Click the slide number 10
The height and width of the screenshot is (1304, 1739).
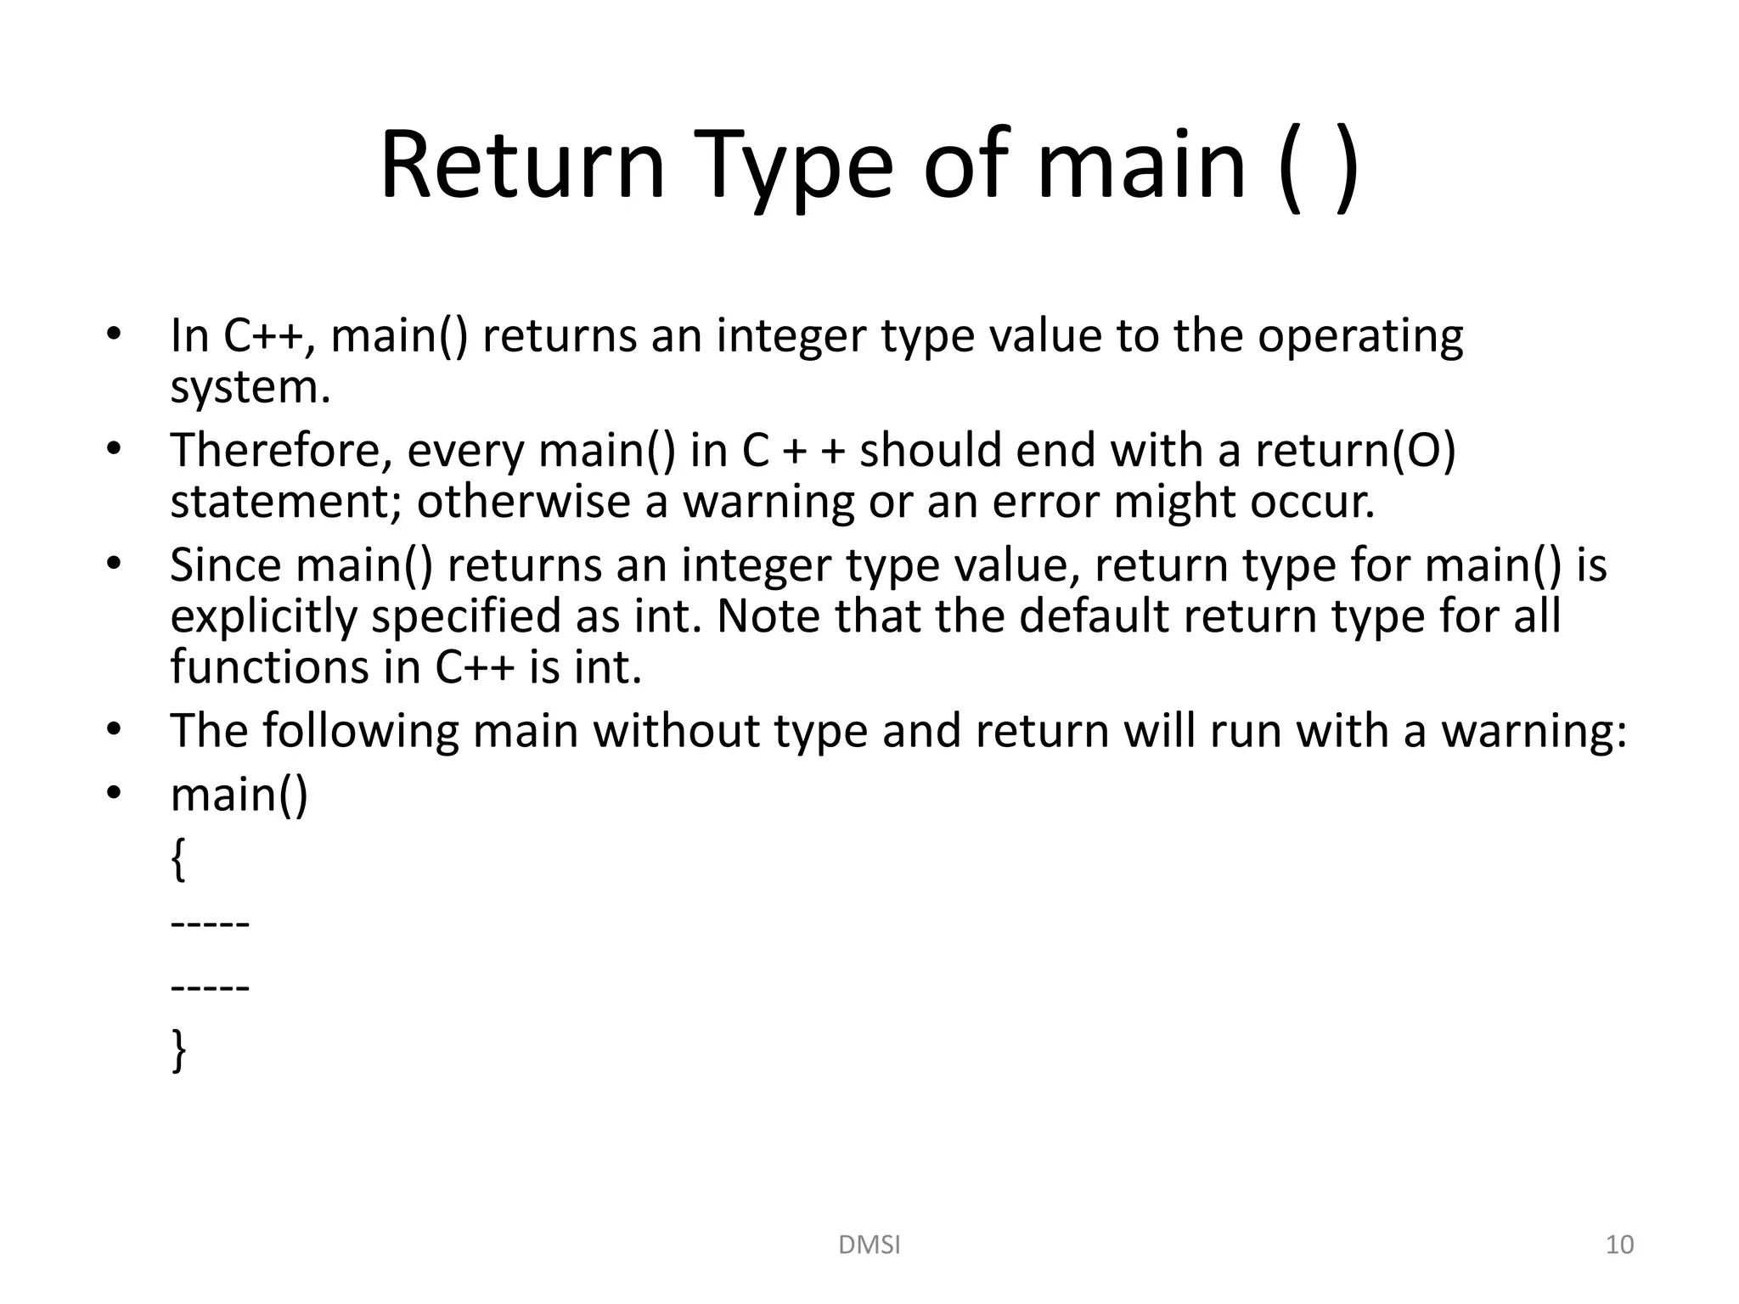pos(1619,1245)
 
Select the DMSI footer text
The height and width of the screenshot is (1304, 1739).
pos(869,1245)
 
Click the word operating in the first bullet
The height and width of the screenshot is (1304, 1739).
pos(1360,336)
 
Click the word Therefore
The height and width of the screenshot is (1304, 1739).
pos(281,450)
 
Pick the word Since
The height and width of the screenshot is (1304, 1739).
pos(225,565)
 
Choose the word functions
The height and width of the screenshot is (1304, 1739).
pos(269,667)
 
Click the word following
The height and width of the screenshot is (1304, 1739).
pos(360,731)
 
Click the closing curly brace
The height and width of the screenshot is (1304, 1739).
pos(178,1050)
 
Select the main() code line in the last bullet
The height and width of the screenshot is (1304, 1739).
pos(239,795)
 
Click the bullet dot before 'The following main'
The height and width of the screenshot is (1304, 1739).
pos(115,729)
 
